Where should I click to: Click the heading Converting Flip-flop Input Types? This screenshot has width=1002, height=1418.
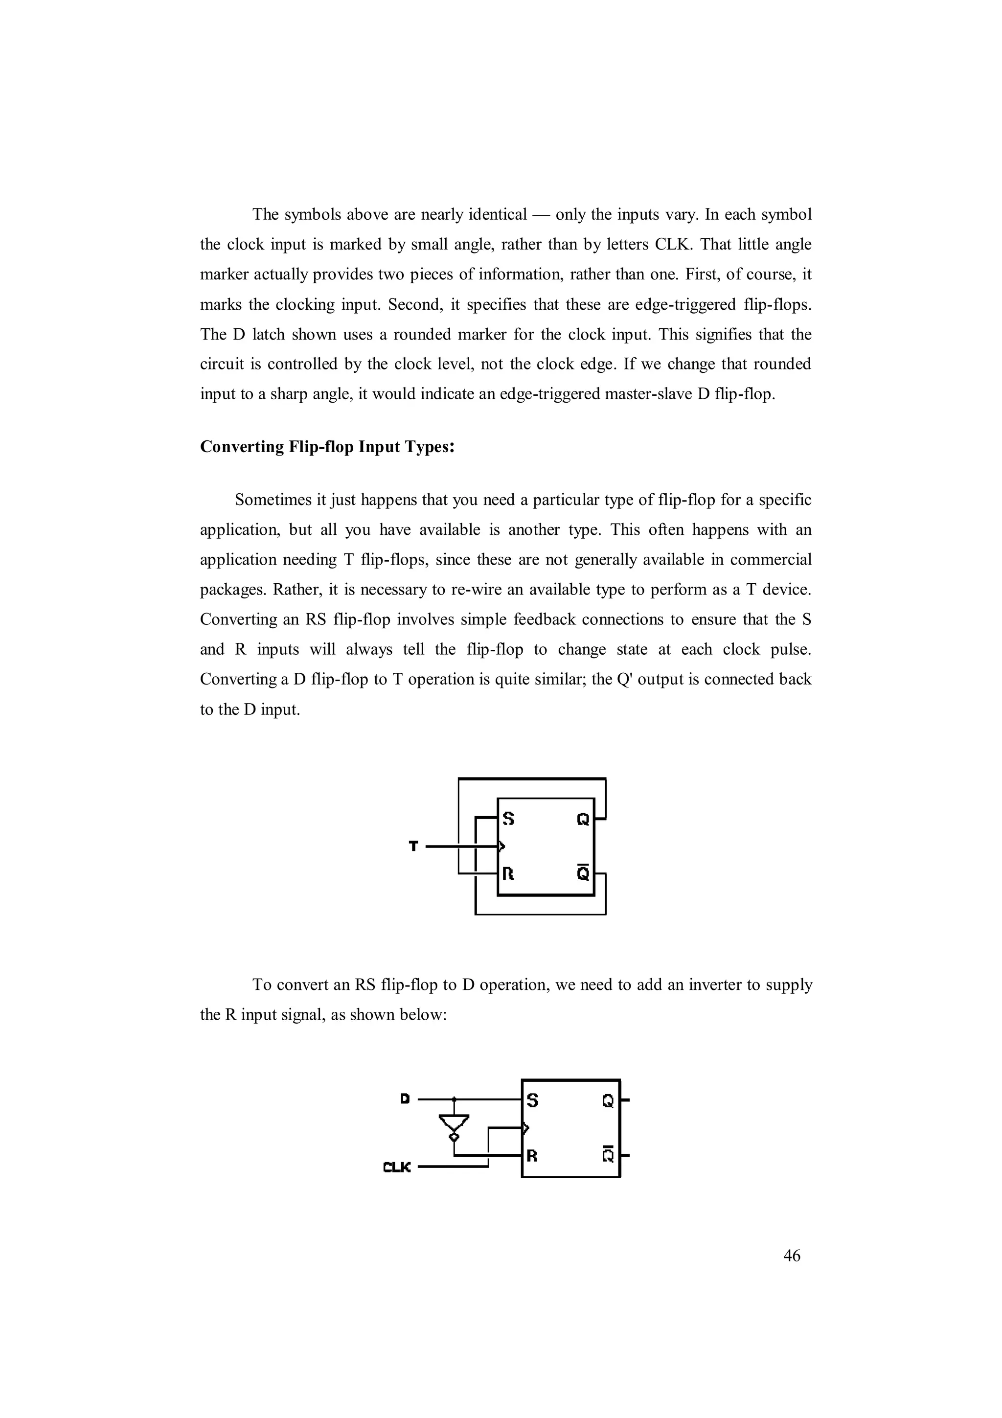[327, 447]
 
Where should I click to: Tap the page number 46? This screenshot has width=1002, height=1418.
[792, 1256]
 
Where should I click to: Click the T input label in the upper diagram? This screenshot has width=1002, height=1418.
[413, 846]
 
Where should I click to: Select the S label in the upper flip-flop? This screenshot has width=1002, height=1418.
[508, 819]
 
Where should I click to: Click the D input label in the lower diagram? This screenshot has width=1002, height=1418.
[405, 1098]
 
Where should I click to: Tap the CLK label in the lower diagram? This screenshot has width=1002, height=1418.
[396, 1167]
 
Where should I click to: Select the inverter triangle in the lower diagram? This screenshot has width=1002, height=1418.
[454, 1122]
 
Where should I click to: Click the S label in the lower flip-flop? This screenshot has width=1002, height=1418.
[532, 1100]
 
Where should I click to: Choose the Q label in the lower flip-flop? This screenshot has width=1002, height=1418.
[608, 1100]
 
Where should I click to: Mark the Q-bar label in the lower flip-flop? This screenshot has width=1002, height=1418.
[608, 1154]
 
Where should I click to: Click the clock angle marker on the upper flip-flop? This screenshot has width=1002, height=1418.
[502, 846]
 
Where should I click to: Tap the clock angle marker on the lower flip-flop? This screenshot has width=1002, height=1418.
[526, 1128]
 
